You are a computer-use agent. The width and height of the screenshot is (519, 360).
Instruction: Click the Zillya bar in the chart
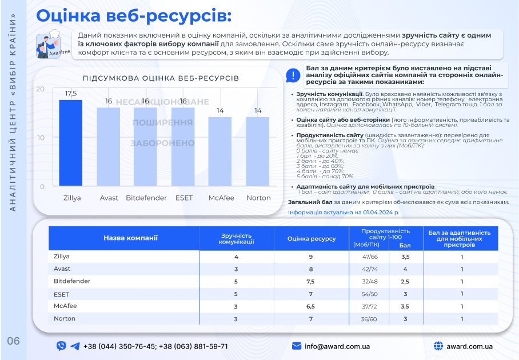[x=71, y=143]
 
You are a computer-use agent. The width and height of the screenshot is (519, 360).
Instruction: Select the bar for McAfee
[x=221, y=151]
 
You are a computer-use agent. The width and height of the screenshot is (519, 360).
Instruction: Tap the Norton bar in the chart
[x=258, y=151]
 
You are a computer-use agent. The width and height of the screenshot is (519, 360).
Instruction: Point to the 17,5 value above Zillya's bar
[x=71, y=93]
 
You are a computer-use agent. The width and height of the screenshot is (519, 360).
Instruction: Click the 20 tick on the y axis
[x=40, y=89]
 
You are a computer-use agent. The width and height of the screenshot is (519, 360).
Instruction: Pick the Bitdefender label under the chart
[x=146, y=198]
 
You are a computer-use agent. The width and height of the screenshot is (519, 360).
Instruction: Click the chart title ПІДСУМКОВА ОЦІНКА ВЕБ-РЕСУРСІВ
[x=161, y=78]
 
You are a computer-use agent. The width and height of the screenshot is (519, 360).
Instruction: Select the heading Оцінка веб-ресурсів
[x=134, y=15]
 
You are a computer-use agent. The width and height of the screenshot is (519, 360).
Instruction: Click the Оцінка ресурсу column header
[x=312, y=238]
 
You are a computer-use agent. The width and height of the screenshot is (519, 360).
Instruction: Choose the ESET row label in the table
[x=62, y=294]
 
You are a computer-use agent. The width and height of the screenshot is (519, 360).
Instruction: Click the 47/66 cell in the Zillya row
[x=370, y=257]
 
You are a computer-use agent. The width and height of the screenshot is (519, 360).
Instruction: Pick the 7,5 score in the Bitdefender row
[x=311, y=282]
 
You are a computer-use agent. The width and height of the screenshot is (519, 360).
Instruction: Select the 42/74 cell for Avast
[x=370, y=269]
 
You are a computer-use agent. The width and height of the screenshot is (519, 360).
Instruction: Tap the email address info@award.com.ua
[x=337, y=346]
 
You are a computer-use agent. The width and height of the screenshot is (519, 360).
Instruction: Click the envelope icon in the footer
[x=297, y=346]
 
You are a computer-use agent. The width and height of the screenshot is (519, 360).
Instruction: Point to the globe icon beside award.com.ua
[x=439, y=346]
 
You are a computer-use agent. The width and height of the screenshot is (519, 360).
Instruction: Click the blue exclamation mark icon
[x=293, y=75]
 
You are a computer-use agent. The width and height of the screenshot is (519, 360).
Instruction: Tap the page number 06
[x=14, y=342]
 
